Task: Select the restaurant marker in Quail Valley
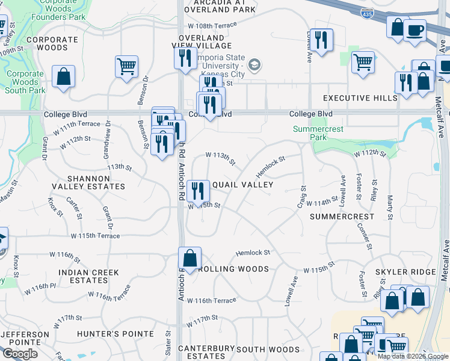[197, 191]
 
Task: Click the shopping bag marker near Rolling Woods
[190, 258]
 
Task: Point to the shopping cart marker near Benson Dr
[126, 67]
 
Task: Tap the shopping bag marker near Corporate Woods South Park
[63, 76]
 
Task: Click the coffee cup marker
[415, 29]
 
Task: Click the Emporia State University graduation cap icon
[254, 64]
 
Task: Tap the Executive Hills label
[360, 98]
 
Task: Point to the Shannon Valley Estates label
[97, 182]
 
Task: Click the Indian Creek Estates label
[88, 276]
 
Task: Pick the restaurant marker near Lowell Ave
[321, 40]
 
